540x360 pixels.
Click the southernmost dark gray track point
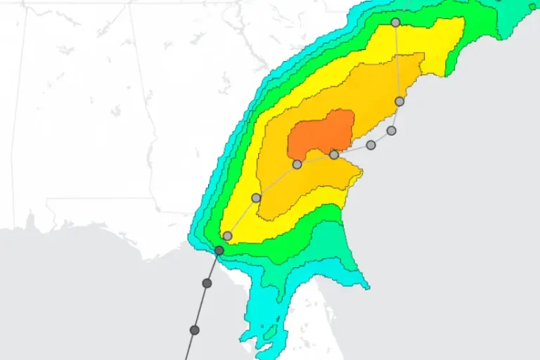[195, 330]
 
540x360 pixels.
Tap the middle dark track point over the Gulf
[207, 283]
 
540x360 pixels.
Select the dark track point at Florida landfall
[219, 250]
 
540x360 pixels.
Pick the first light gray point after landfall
[227, 236]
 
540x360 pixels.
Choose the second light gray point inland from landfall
[256, 198]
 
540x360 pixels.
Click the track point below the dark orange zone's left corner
[297, 165]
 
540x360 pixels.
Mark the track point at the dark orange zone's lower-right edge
[334, 155]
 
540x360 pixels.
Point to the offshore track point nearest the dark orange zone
[371, 145]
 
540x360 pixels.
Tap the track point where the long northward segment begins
[399, 101]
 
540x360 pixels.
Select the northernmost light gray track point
[395, 22]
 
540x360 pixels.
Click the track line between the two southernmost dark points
[201, 307]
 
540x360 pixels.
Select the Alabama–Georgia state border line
[143, 105]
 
